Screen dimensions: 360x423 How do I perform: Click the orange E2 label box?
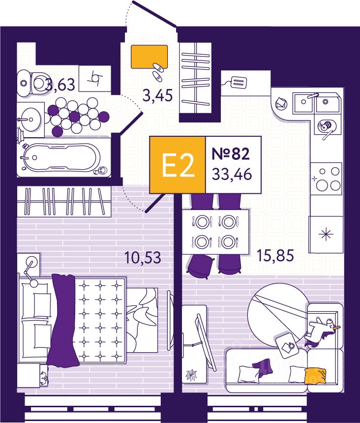point(177,164)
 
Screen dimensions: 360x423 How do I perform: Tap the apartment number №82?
point(231,153)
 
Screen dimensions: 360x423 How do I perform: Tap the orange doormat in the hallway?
point(149,56)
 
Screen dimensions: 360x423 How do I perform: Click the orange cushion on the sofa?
point(315,376)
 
